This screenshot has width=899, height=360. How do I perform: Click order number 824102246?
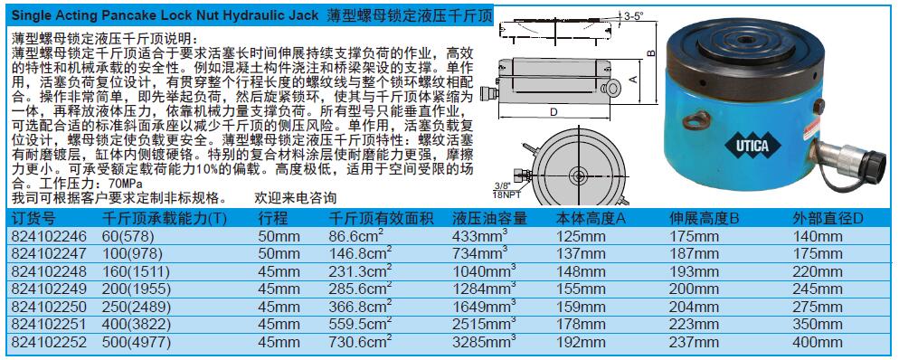tap(50, 236)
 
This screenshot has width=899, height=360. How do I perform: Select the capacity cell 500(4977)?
tap(136, 342)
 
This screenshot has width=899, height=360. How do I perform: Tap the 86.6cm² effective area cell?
tap(360, 235)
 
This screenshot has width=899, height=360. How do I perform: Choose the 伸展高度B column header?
tap(705, 218)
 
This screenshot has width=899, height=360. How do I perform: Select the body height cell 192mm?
tap(581, 342)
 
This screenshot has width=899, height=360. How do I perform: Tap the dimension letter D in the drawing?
tap(553, 112)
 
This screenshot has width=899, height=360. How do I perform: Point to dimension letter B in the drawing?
tap(650, 52)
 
